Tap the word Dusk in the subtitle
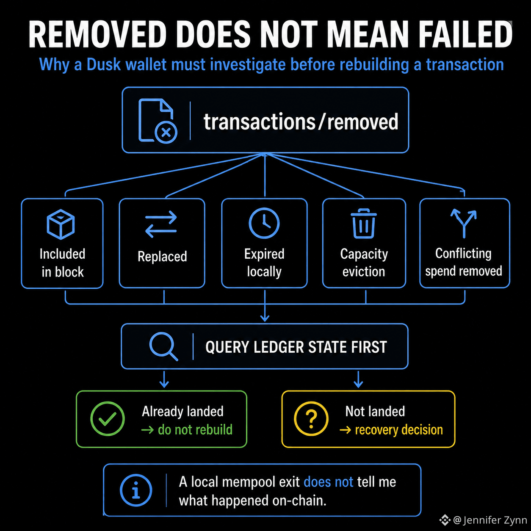point(104,64)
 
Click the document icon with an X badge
point(158,121)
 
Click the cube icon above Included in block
point(61,224)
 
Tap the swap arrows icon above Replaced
point(161,224)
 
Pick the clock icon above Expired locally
point(264,223)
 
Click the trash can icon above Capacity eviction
point(364,223)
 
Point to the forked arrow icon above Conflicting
point(464,223)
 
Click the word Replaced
point(162,257)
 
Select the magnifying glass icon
point(164,346)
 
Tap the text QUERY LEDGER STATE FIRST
point(296,347)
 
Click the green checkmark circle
point(108,418)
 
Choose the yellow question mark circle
point(311,418)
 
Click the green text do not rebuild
point(195,430)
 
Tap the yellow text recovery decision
point(399,430)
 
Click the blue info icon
point(136,490)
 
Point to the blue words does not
point(329,482)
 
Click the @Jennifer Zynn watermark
point(483,520)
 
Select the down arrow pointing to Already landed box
point(164,379)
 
